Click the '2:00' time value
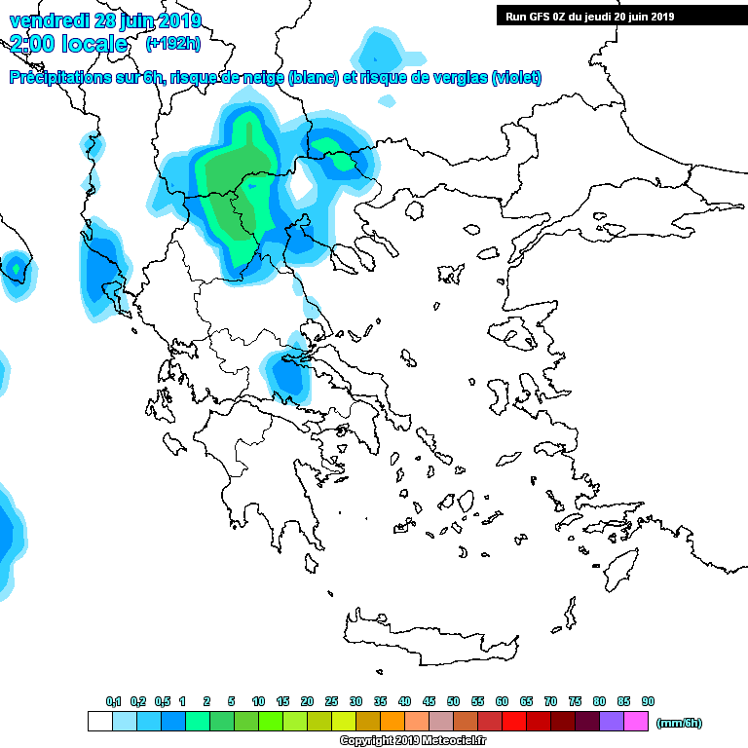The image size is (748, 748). [33, 44]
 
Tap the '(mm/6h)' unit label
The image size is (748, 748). [679, 722]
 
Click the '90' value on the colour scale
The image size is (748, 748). [648, 701]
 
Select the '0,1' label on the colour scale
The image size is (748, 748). [113, 701]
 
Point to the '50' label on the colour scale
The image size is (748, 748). [453, 701]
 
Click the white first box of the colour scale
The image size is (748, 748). [99, 721]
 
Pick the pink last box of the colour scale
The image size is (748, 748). [636, 721]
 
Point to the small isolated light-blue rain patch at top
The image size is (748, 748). [380, 47]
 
